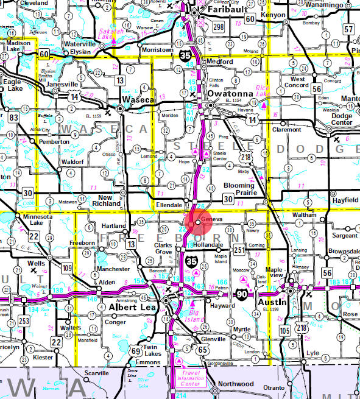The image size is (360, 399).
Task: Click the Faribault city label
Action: [x=225, y=10]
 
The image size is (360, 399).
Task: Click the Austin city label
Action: [x=273, y=302]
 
